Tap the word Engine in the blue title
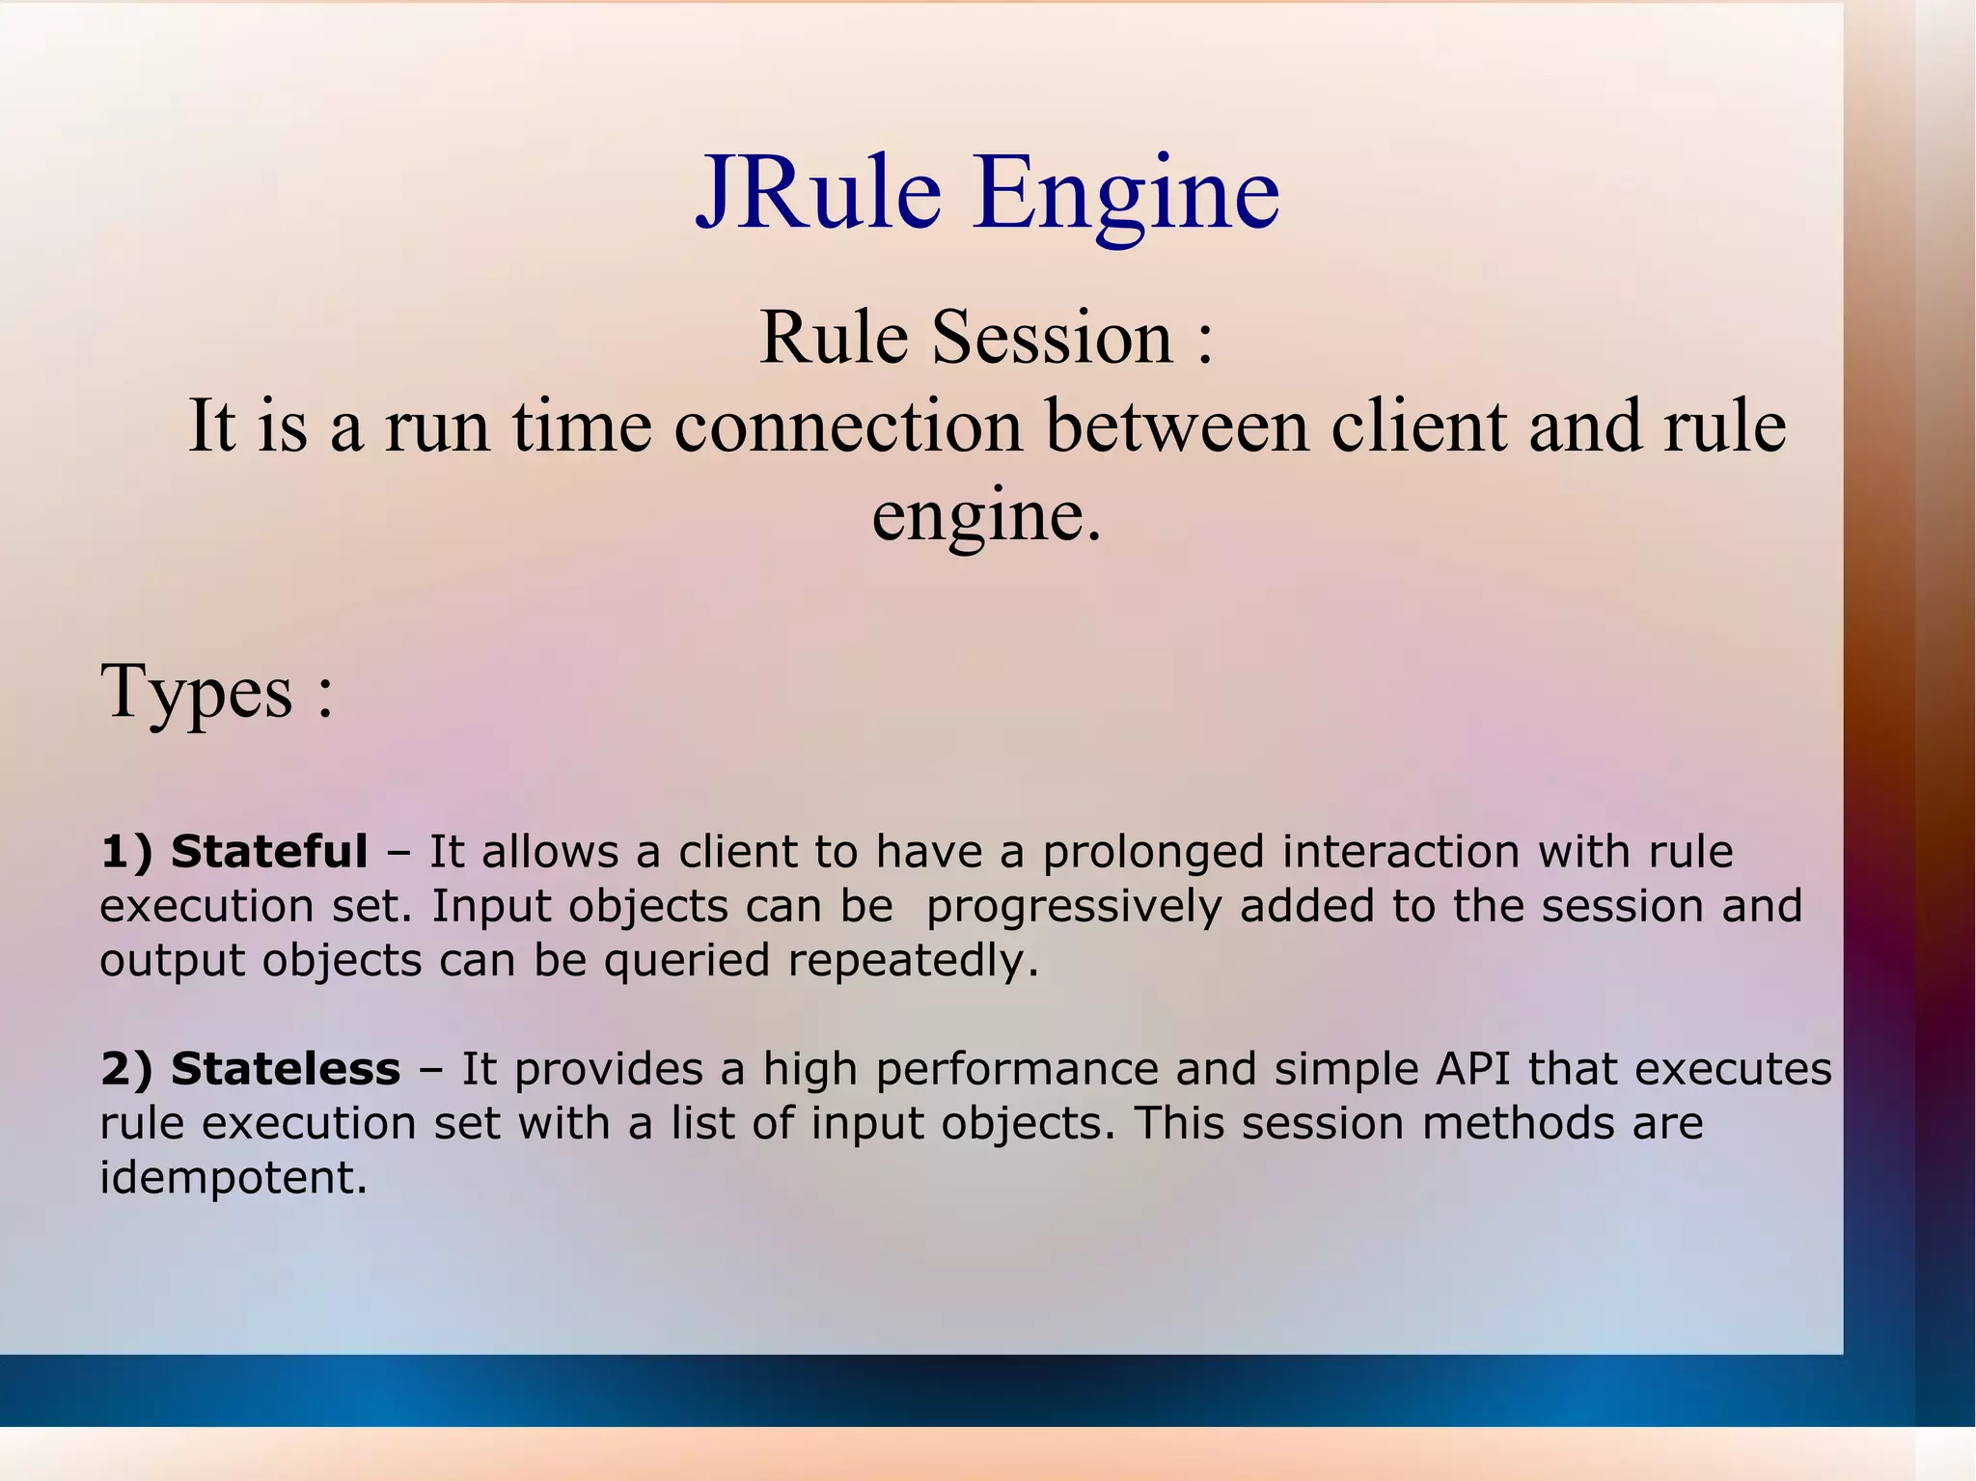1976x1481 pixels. click(x=1126, y=198)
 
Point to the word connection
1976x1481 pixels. click(x=848, y=426)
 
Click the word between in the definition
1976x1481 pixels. click(x=1177, y=426)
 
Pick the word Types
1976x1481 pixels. click(x=197, y=693)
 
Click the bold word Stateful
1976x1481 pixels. click(x=269, y=852)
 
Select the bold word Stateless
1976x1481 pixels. click(x=286, y=1069)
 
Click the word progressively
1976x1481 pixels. click(x=1074, y=908)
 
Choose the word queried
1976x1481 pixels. click(x=687, y=962)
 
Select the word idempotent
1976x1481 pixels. click(x=233, y=1178)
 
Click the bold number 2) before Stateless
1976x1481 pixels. click(x=126, y=1070)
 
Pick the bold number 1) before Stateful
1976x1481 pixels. click(x=126, y=853)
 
